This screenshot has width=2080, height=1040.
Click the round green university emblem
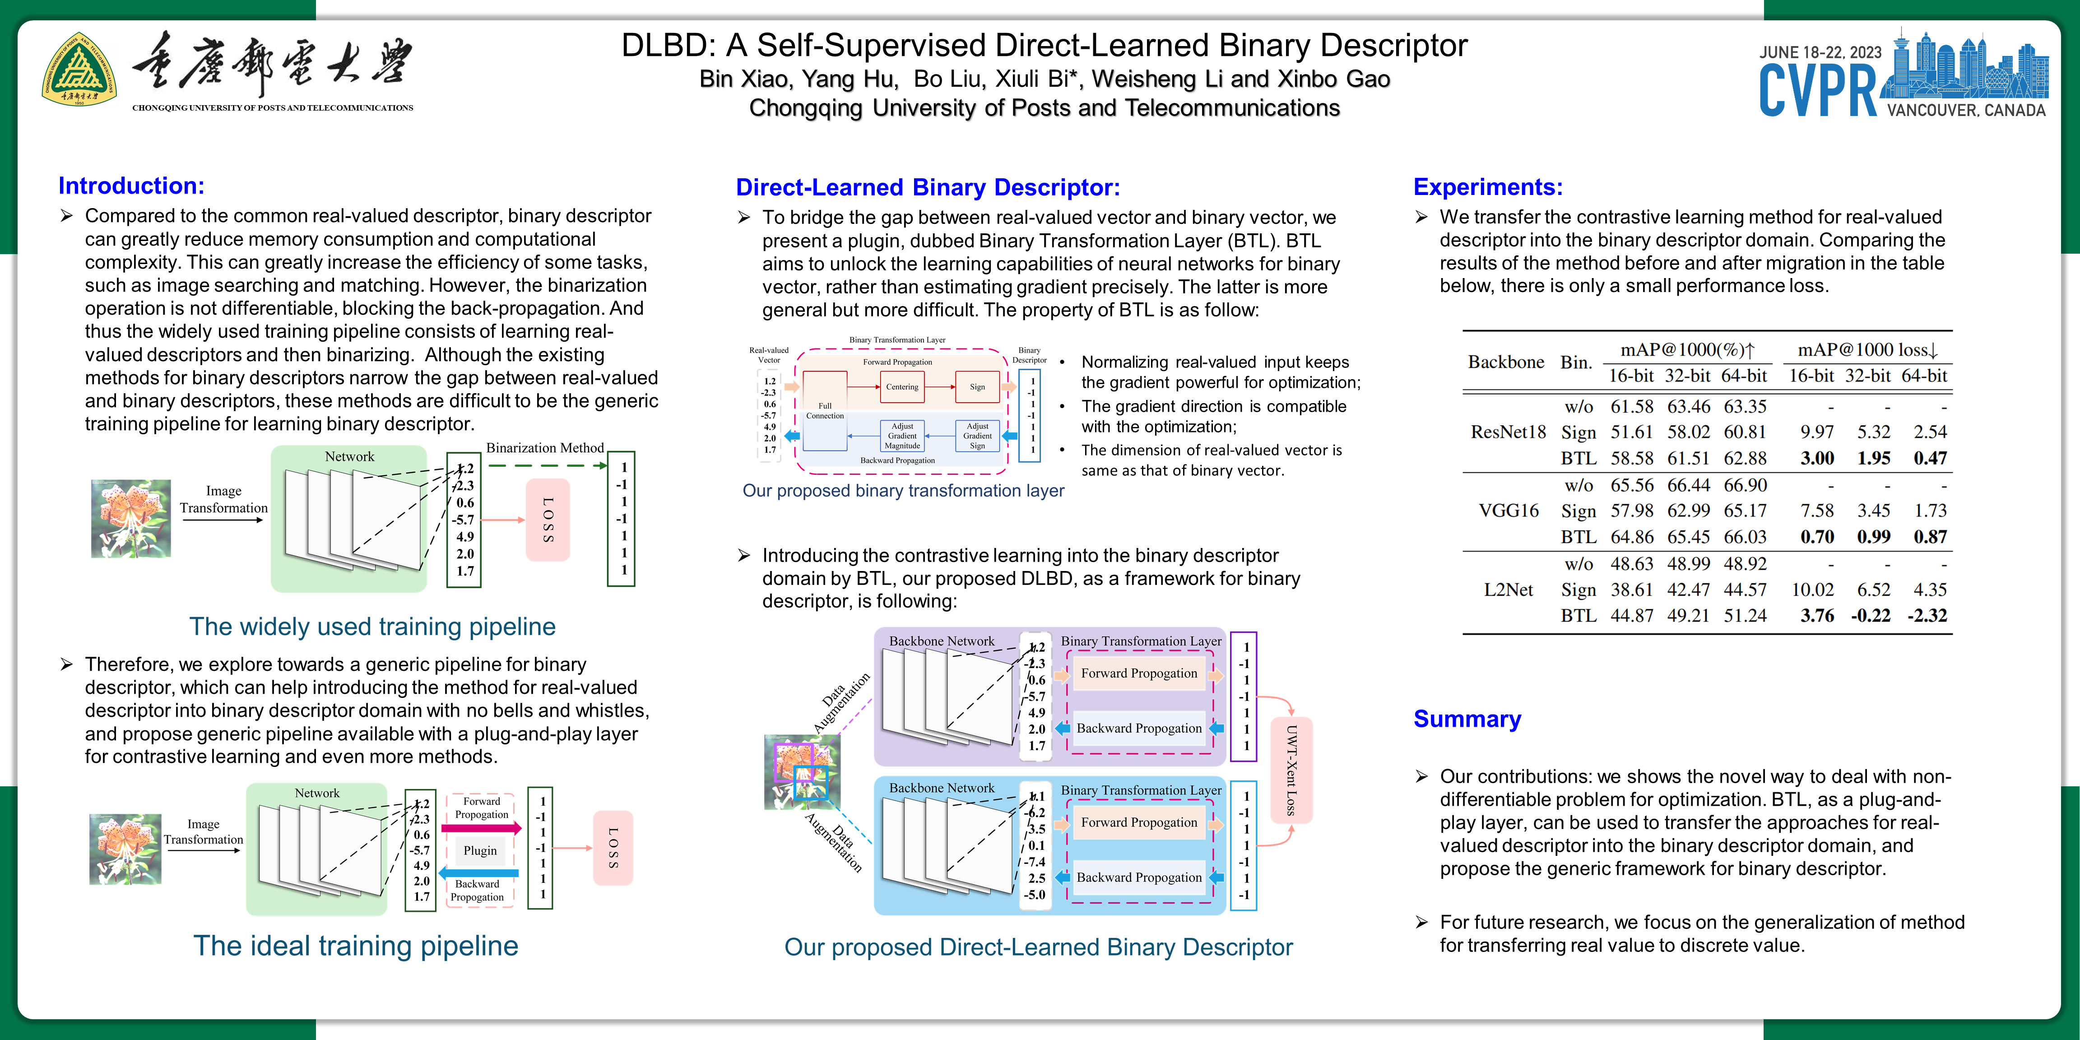(79, 71)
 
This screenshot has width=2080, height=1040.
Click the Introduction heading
(131, 186)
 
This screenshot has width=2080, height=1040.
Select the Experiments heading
(1487, 187)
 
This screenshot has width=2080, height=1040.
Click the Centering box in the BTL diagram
(902, 387)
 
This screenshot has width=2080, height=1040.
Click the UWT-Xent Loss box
(1291, 771)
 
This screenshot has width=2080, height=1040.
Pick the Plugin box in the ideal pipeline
(480, 850)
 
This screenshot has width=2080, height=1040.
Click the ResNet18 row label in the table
(1508, 432)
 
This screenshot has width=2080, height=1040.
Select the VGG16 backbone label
(1508, 511)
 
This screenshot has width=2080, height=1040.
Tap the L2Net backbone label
(1508, 590)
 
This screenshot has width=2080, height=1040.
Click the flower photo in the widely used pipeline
(131, 518)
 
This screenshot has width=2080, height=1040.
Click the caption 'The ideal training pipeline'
(355, 946)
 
